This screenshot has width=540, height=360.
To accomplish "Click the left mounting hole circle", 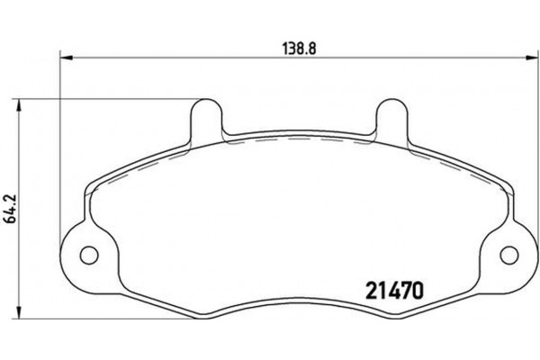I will [89, 255].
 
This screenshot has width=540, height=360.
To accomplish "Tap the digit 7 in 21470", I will [405, 292].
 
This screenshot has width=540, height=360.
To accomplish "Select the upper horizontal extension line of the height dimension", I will [108, 97].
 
